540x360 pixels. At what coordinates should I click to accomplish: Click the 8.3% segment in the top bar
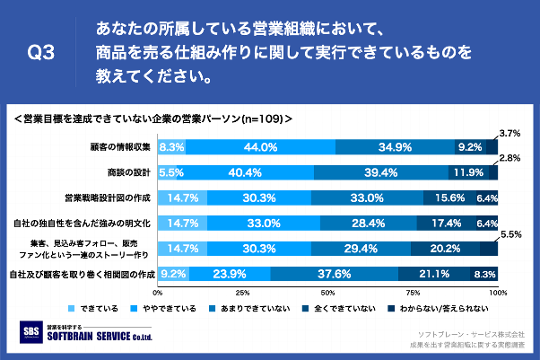coord(172,146)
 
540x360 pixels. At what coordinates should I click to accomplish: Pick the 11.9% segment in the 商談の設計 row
coord(467,171)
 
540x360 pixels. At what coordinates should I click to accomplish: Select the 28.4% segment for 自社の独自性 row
coord(370,223)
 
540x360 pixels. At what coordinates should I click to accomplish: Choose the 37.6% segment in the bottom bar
coord(334,274)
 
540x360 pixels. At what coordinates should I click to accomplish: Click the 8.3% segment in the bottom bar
coord(484,274)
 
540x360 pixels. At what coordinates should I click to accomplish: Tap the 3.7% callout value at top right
coord(510,133)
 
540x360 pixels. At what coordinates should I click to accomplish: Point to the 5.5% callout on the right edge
coord(510,234)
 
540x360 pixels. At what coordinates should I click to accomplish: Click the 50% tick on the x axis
coord(328,293)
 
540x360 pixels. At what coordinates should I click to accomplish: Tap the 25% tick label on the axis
coord(243,293)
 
